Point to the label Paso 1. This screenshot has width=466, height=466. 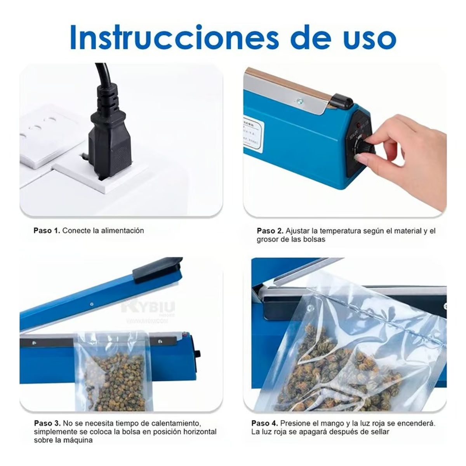(x=47, y=231)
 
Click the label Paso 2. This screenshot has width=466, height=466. (x=270, y=231)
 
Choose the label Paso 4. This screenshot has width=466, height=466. (x=264, y=423)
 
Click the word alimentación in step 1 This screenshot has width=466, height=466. (x=122, y=231)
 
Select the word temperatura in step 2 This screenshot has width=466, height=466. (x=336, y=231)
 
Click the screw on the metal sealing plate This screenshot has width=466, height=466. (x=299, y=102)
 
